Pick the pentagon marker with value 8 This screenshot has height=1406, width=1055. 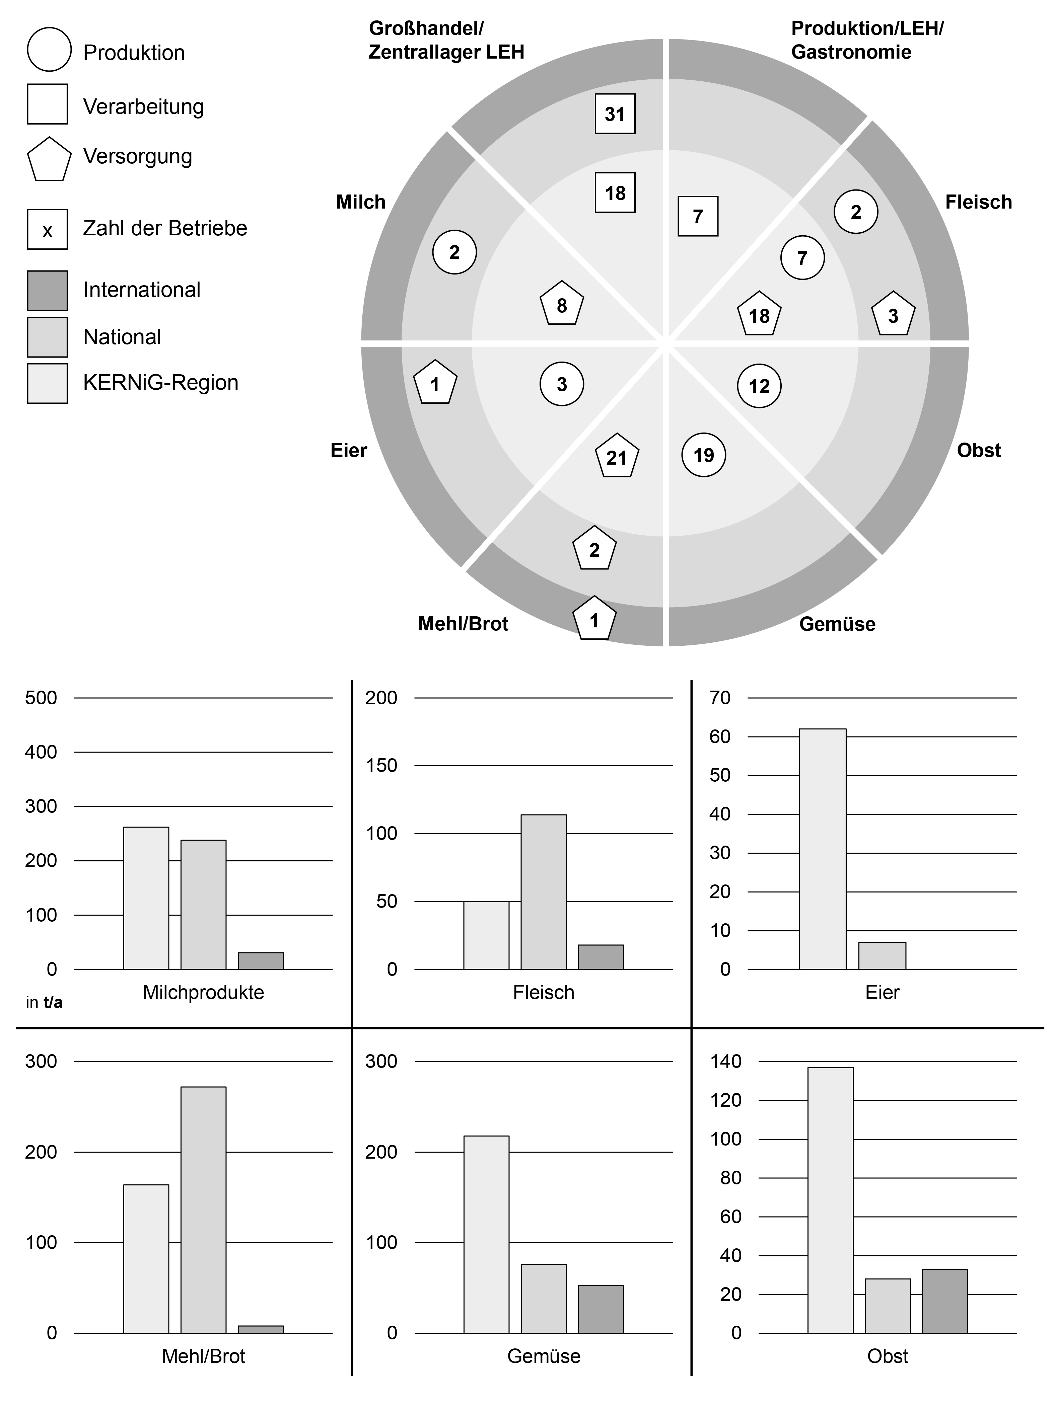pos(562,304)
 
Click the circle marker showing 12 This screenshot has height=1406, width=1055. pos(759,386)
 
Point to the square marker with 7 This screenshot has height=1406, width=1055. pos(698,216)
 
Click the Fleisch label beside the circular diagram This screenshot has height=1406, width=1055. pos(978,202)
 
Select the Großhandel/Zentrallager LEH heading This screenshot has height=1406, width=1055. pos(446,40)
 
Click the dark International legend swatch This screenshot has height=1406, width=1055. pos(47,291)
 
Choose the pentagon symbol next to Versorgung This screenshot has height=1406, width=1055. pos(48,159)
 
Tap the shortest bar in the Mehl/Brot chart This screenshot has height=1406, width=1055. pos(260,1328)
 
